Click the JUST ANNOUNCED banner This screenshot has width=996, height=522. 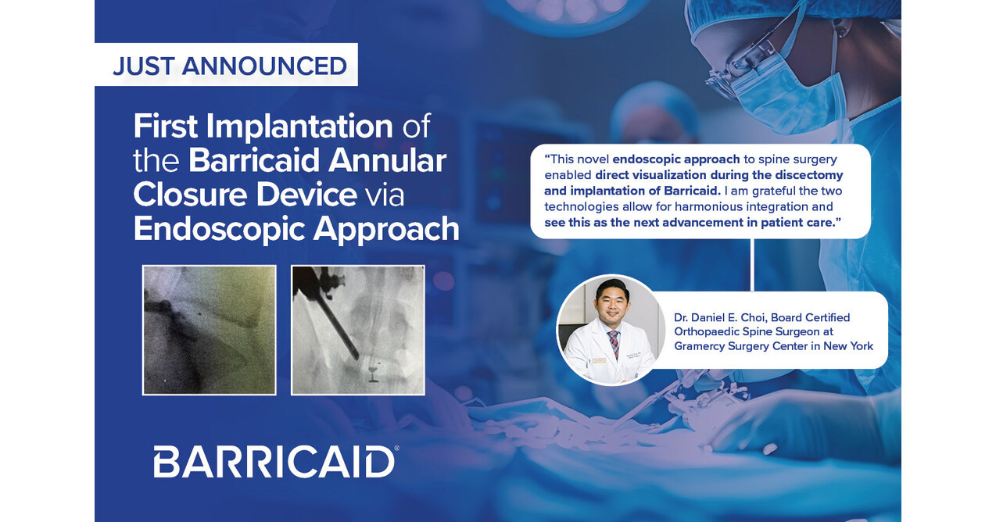(226, 64)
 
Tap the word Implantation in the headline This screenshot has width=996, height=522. (299, 127)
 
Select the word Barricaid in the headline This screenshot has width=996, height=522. (254, 160)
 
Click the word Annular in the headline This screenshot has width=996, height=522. (387, 160)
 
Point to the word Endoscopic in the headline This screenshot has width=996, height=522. (219, 230)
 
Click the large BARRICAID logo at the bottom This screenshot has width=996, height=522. (274, 462)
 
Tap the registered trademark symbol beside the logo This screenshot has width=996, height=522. (396, 449)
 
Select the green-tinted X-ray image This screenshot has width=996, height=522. (209, 330)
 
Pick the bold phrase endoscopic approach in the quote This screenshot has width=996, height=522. (676, 159)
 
